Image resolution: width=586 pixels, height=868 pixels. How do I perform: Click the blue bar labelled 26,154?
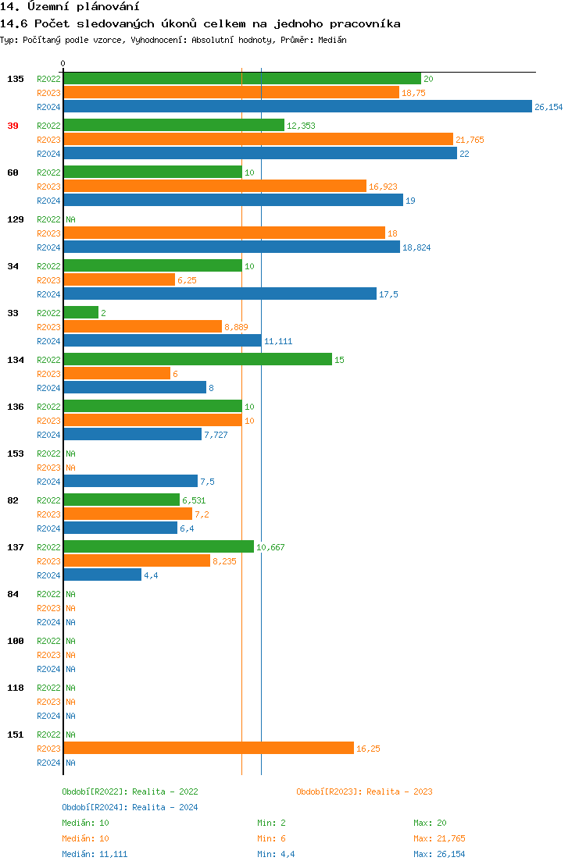297,107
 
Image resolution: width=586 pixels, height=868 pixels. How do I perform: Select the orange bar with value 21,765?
258,140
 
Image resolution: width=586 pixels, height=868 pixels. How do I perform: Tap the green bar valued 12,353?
173,126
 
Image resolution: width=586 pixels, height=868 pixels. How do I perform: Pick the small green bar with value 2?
81,313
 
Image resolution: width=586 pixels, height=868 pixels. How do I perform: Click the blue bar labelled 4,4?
102,575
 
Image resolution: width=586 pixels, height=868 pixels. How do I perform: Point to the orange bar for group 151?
209,749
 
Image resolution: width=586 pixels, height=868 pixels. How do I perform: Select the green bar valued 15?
198,360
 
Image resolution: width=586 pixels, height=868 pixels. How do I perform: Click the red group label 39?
13,126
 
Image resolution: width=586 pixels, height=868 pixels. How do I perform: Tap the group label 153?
16,454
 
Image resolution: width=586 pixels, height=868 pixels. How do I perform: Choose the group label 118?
16,688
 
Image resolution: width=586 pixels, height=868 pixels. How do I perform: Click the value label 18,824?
416,247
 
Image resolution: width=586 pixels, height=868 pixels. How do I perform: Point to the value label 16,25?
368,749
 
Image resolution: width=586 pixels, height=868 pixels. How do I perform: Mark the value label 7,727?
216,435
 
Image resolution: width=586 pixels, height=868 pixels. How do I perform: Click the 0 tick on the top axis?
63,63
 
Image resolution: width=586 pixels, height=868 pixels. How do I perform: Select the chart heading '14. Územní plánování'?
64,7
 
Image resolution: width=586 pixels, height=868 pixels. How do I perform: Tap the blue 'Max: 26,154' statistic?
439,854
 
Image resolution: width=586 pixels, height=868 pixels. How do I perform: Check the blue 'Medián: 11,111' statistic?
95,854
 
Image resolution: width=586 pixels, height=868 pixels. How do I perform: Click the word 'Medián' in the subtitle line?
332,39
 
